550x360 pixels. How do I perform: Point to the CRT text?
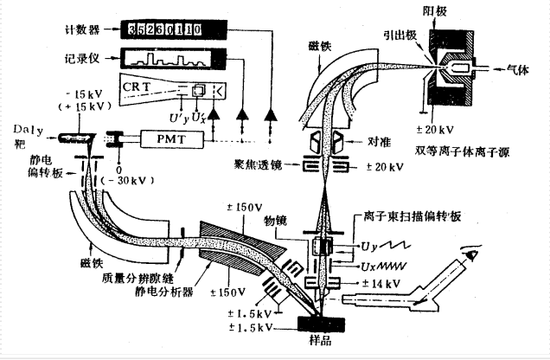tap(137, 88)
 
